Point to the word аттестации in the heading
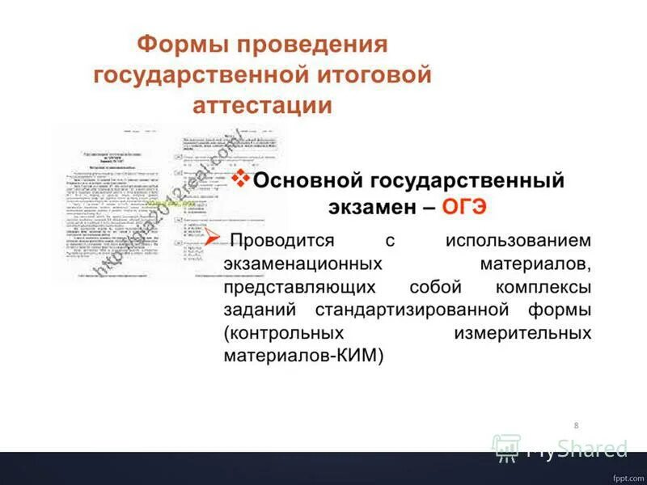click(x=262, y=105)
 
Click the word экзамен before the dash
click(x=373, y=206)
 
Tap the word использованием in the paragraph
click(x=518, y=241)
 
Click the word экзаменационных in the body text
click(x=302, y=264)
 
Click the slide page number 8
click(x=576, y=425)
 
